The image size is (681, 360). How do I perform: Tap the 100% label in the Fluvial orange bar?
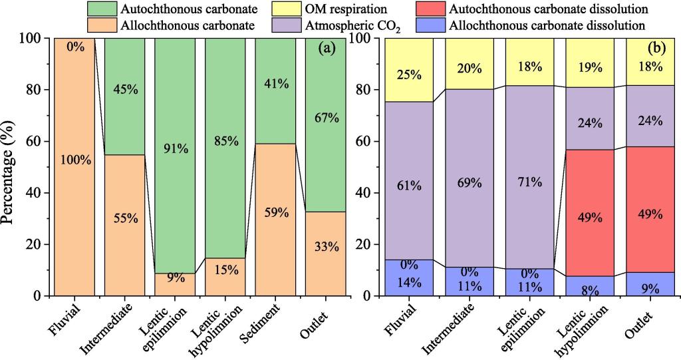pyautogui.click(x=75, y=160)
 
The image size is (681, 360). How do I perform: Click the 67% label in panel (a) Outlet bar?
pyautogui.click(x=326, y=118)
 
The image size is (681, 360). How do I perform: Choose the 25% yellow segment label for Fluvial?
pyautogui.click(x=408, y=75)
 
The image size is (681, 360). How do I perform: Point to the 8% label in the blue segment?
pyautogui.click(x=590, y=289)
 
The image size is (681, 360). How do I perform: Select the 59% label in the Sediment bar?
pyautogui.click(x=276, y=214)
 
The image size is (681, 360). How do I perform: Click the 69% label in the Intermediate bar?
pyautogui.click(x=469, y=182)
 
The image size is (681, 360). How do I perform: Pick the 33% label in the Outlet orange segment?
pyautogui.click(x=326, y=247)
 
